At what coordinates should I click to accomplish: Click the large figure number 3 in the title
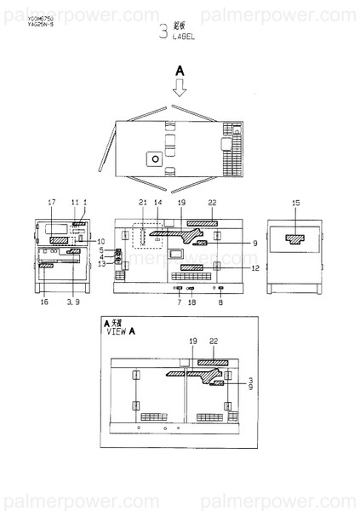coord(163,33)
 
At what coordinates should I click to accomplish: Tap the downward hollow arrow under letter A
coord(180,86)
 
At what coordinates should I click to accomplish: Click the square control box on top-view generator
coord(154,158)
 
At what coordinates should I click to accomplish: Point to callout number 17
coord(51,202)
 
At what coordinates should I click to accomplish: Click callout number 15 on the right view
coord(295,202)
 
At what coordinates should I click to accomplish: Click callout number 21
coord(142,202)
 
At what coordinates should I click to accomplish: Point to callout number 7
coord(179,301)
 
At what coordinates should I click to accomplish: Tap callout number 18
coord(191,301)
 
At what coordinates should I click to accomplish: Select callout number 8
coord(221,301)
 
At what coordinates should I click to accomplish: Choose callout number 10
coord(100,241)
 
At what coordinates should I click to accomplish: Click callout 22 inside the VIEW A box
coord(213,340)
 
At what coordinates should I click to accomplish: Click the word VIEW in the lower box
coord(115,334)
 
